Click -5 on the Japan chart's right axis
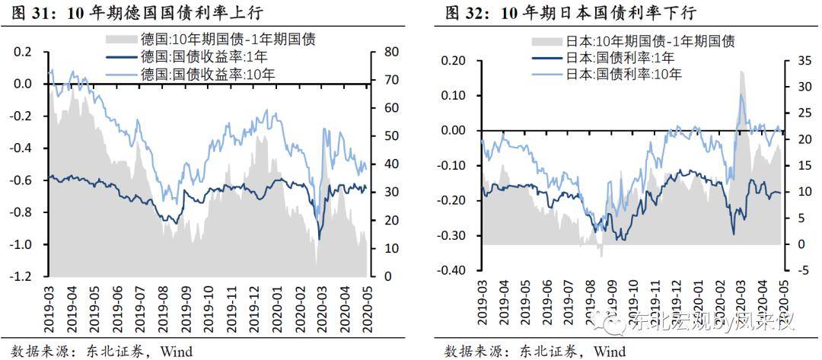tap(802, 270)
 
